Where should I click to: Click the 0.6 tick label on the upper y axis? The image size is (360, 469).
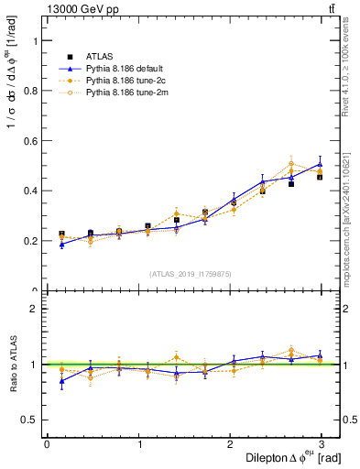[29, 141]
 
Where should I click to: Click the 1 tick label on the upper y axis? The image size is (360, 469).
[35, 41]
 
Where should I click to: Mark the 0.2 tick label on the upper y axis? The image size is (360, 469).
[29, 241]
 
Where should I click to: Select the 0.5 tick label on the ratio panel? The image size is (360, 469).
[29, 420]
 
